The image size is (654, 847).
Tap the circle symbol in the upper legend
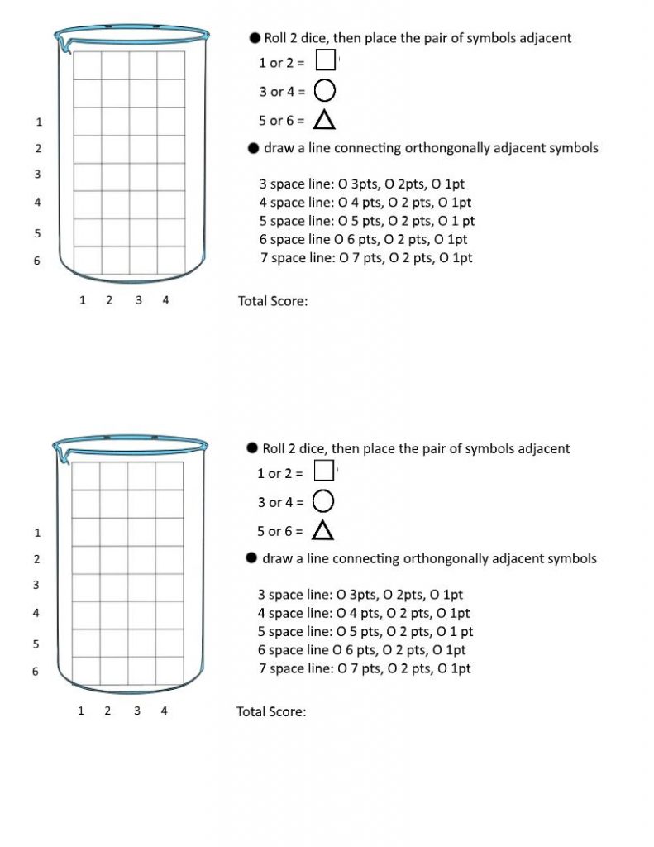point(325,90)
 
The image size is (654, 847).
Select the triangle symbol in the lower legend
point(322,530)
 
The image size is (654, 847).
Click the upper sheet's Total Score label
point(273,301)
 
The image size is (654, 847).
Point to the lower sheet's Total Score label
point(271,711)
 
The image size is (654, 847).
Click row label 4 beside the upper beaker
point(37,202)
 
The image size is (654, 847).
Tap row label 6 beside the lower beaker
point(36,672)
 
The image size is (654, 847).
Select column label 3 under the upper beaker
point(138,300)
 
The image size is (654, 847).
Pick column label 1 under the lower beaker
point(80,711)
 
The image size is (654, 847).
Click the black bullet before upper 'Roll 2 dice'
point(255,38)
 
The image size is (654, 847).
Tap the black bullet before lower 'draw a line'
point(253,558)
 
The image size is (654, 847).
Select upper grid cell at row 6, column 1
point(88,261)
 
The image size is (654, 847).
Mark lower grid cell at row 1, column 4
point(169,532)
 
